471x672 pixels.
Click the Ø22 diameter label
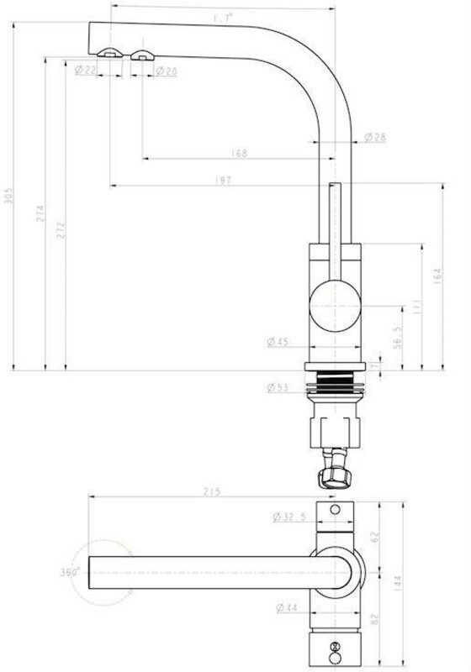coord(85,71)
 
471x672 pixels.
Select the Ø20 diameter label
coord(166,71)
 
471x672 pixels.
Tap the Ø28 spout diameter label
coord(375,137)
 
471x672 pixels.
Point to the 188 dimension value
coord(239,154)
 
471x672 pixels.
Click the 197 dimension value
coord(224,181)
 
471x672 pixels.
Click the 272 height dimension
coord(61,230)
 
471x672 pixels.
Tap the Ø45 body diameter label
coord(278,341)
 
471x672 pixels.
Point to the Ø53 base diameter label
coord(278,387)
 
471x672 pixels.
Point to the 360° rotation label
coord(69,571)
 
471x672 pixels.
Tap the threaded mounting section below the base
coord(336,386)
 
